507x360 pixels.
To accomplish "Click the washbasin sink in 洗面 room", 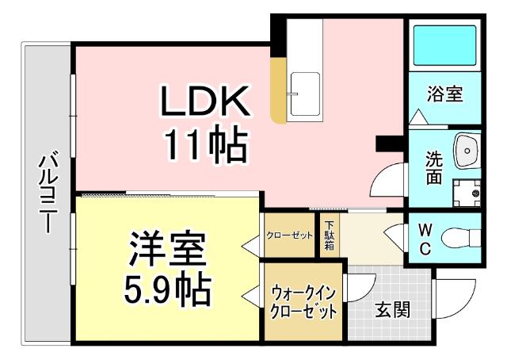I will (x=467, y=149).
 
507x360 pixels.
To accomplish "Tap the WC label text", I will (x=425, y=239).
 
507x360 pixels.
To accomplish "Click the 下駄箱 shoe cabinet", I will (x=329, y=236).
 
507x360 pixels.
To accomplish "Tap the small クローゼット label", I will (x=290, y=236).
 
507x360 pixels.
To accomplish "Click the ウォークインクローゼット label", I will (x=303, y=301).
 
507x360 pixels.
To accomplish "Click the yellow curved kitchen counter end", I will (x=277, y=89).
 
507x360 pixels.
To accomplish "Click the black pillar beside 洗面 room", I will (x=390, y=142).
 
